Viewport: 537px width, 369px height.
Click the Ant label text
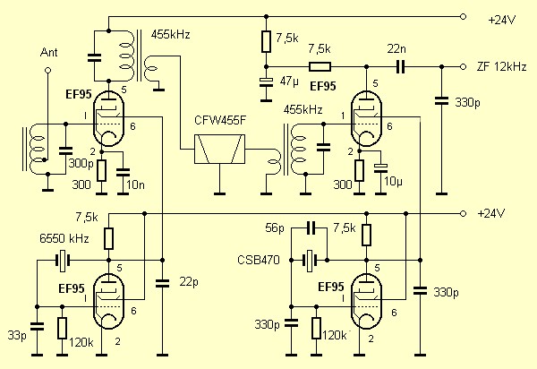(x=51, y=53)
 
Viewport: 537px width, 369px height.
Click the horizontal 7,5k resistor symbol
(x=320, y=67)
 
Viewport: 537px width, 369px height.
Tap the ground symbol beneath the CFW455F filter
(x=218, y=191)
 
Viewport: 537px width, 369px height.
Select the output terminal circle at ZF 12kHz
(x=464, y=67)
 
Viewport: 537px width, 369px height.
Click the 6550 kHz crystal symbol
(x=62, y=262)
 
